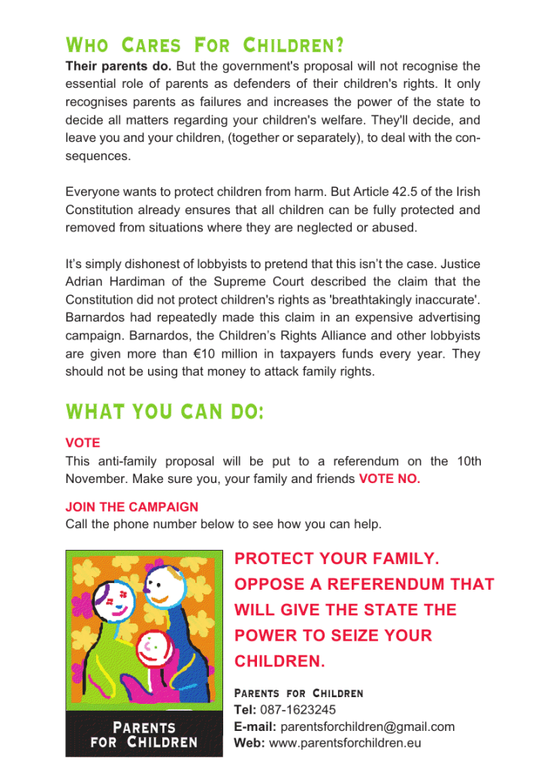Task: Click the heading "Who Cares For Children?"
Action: pos(205,46)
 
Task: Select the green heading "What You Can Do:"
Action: pos(165,412)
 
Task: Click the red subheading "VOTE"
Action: pos(83,443)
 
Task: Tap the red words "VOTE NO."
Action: pos(389,479)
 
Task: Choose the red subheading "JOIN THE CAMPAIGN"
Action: pos(131,507)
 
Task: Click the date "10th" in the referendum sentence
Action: pos(467,461)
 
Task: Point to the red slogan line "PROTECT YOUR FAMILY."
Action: pos(337,559)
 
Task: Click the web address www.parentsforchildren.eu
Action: pos(345,744)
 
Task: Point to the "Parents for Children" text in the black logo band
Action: pos(144,735)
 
